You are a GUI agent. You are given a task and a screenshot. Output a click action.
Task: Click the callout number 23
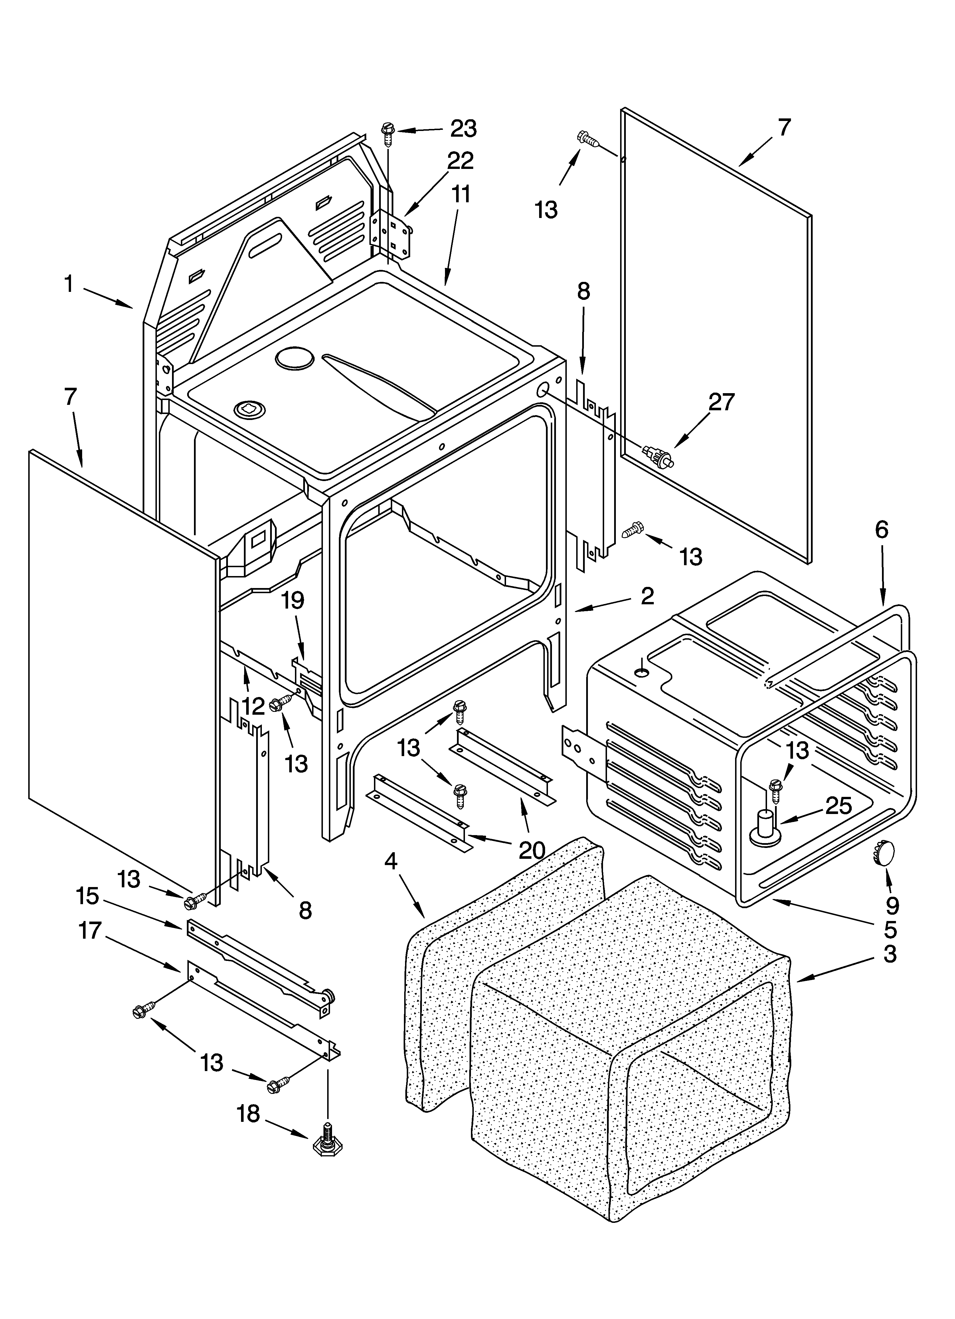(464, 128)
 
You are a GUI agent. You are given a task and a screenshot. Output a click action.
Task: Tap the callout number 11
(461, 195)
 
